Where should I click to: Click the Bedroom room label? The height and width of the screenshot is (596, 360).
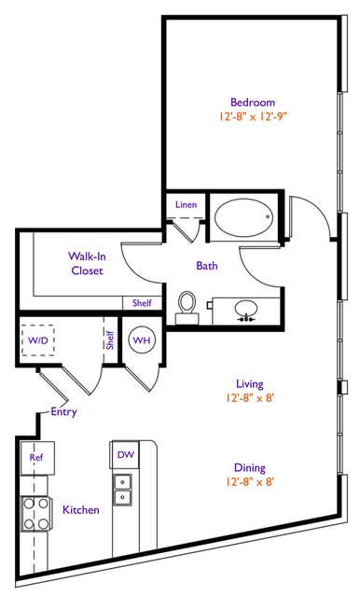pyautogui.click(x=253, y=103)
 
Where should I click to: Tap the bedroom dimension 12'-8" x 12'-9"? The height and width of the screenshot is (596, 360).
pyautogui.click(x=253, y=117)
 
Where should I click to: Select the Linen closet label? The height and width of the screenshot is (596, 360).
pyautogui.click(x=187, y=204)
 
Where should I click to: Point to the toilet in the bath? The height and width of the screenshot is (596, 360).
pyautogui.click(x=187, y=308)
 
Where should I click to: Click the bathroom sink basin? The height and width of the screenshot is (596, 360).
pyautogui.click(x=246, y=310)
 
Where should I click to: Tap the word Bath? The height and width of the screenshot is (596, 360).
pyautogui.click(x=207, y=266)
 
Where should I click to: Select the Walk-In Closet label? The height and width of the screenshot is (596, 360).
pyautogui.click(x=87, y=263)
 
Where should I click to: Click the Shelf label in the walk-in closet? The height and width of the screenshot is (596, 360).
pyautogui.click(x=142, y=303)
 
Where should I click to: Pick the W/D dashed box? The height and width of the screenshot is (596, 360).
pyautogui.click(x=37, y=340)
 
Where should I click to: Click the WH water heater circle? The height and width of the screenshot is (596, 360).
pyautogui.click(x=142, y=340)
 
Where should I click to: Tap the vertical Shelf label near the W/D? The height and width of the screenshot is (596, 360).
pyautogui.click(x=110, y=340)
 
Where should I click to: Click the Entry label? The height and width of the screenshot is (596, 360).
pyautogui.click(x=63, y=411)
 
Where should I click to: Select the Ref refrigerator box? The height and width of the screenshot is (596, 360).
pyautogui.click(x=37, y=458)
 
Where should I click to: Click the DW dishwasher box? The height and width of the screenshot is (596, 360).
pyautogui.click(x=125, y=454)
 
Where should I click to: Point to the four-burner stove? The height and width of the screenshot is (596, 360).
pyautogui.click(x=36, y=514)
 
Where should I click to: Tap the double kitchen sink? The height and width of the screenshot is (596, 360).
pyautogui.click(x=122, y=490)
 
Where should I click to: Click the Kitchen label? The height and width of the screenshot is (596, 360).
pyautogui.click(x=81, y=509)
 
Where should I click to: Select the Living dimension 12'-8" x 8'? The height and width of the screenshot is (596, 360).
pyautogui.click(x=250, y=398)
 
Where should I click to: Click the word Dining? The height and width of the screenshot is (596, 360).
pyautogui.click(x=250, y=468)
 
